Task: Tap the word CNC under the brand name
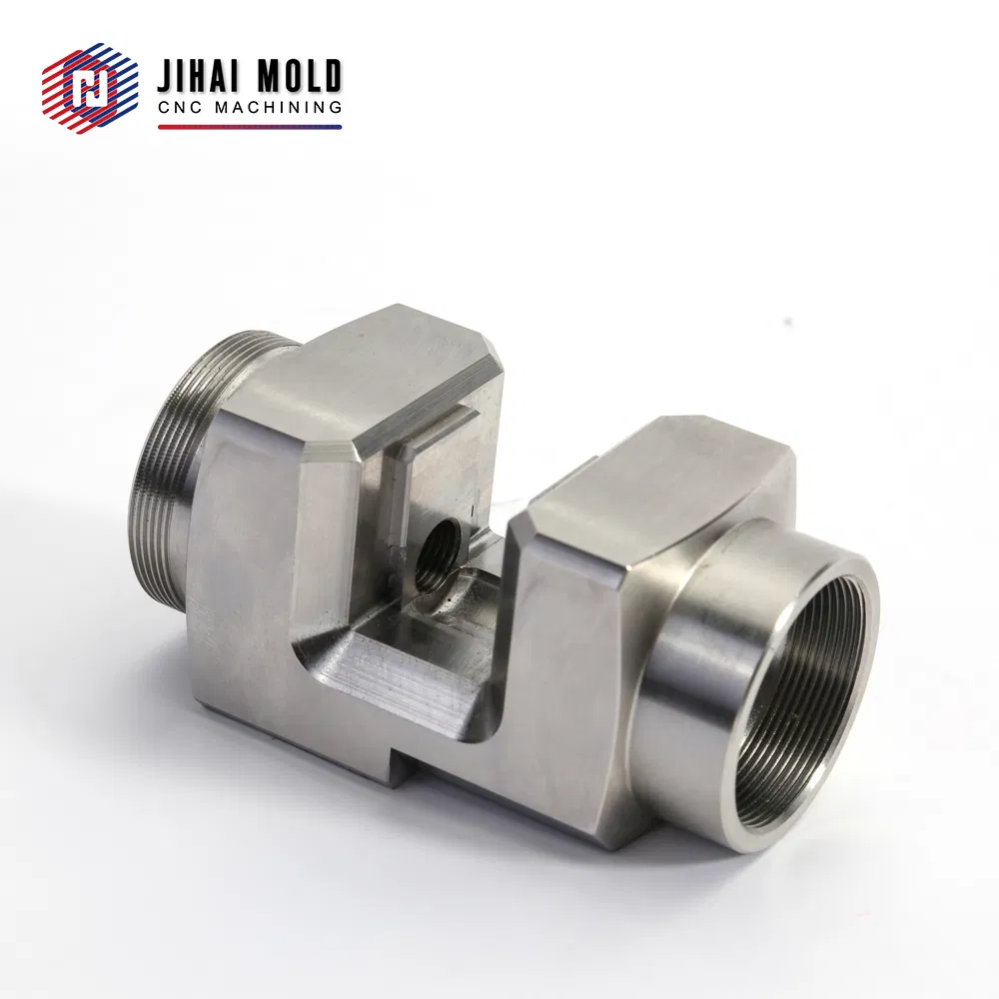[181, 108]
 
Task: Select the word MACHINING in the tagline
[278, 108]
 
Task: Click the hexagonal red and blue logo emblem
[90, 88]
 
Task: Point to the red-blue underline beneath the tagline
[250, 127]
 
